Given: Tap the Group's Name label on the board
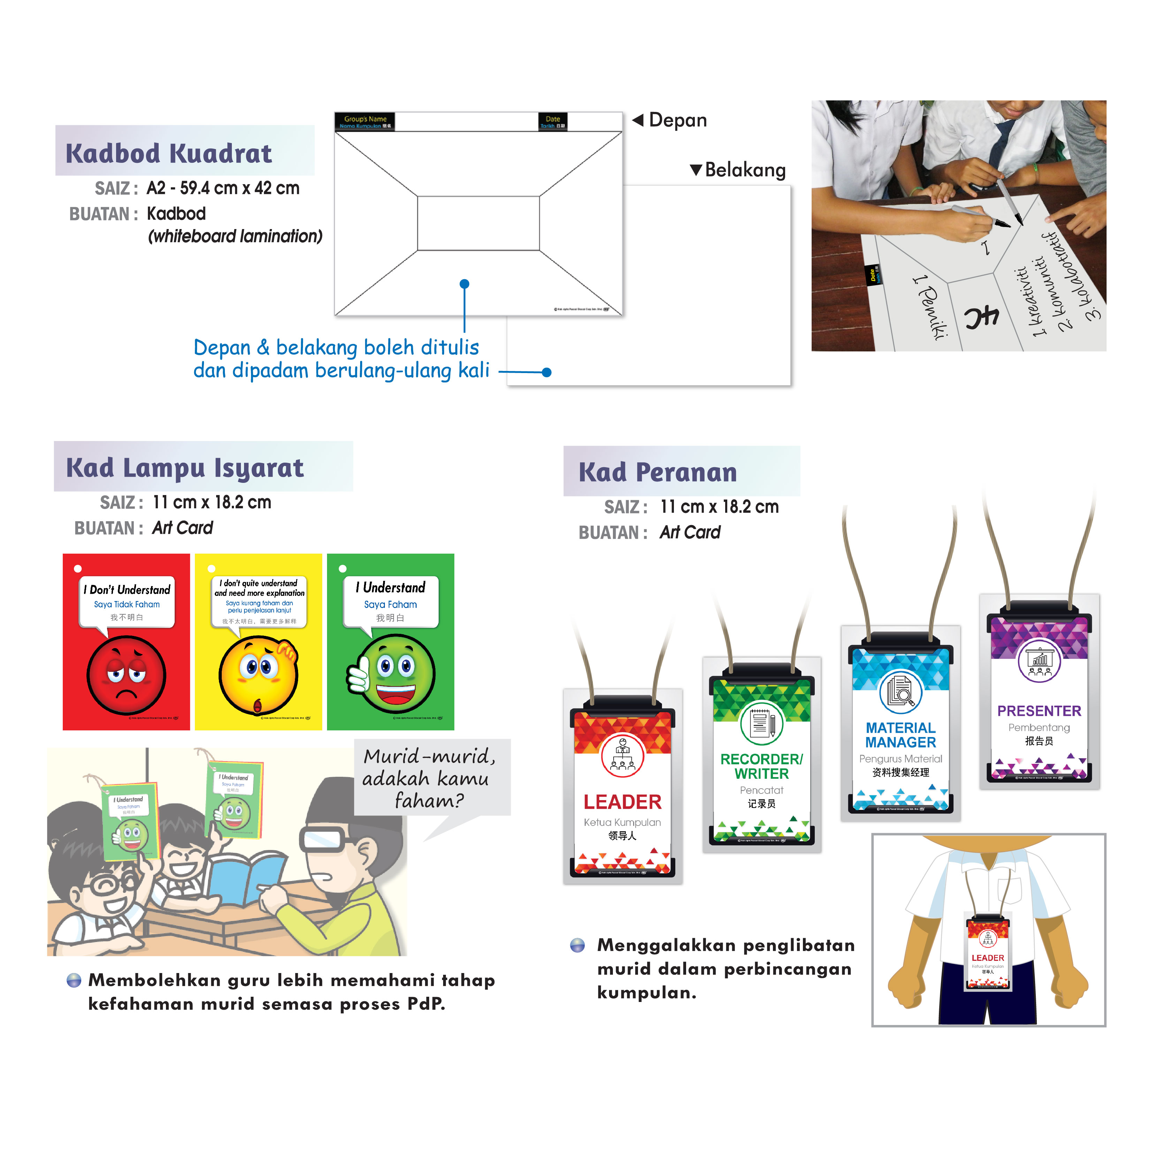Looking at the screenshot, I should point(364,119).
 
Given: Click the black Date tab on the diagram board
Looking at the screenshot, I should point(552,121).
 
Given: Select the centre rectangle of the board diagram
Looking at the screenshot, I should point(478,222).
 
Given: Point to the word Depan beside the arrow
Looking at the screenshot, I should point(678,120).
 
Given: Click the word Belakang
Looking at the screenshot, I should point(745,170).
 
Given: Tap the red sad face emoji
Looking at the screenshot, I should point(126,675).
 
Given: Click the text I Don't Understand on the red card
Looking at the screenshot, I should point(127,590).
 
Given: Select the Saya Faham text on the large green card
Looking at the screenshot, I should point(390,605).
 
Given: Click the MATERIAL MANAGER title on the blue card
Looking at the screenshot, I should point(901,735).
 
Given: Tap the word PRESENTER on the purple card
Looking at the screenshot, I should point(1039,711).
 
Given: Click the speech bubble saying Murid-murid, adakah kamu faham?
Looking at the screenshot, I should point(430,778).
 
